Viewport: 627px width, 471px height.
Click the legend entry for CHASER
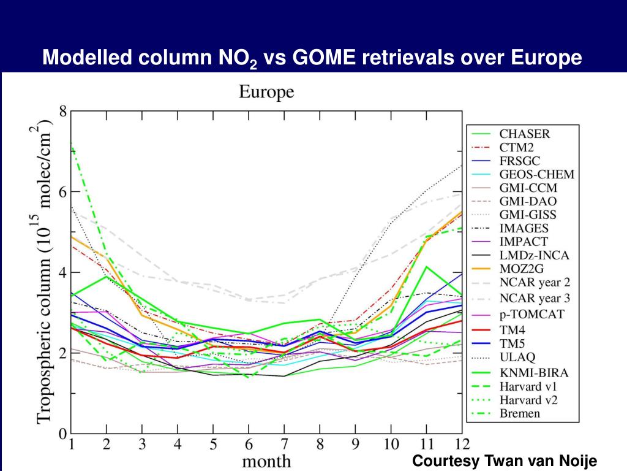click(525, 134)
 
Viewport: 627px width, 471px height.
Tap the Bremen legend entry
click(520, 413)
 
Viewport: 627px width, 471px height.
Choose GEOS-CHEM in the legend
click(537, 174)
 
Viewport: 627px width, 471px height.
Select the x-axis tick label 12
click(462, 444)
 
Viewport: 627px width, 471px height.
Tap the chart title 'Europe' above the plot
click(266, 93)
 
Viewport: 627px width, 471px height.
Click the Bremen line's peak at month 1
click(72, 144)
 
